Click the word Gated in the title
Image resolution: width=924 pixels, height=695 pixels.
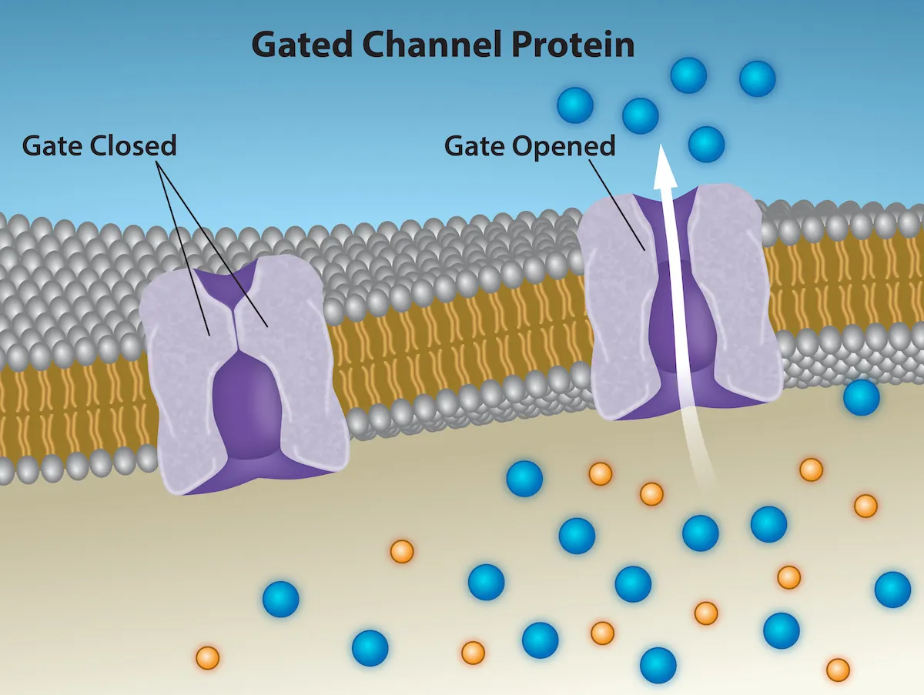[x=303, y=45]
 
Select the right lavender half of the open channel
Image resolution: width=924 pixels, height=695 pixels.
[x=731, y=300]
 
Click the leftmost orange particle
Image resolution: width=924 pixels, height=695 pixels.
[x=208, y=658]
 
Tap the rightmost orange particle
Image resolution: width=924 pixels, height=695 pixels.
[x=865, y=506]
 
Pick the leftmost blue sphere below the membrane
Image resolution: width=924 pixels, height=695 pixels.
[x=280, y=600]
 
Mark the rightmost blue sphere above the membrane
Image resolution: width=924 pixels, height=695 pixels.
[x=757, y=79]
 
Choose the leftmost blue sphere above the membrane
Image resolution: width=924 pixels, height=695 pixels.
[x=575, y=105]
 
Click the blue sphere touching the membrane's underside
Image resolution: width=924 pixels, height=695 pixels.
[x=861, y=397]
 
